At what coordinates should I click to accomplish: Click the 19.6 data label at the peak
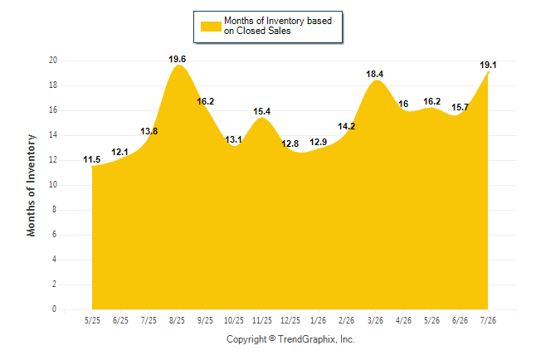(x=177, y=59)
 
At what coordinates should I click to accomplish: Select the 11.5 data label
(x=91, y=159)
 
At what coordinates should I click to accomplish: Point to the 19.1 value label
(x=488, y=65)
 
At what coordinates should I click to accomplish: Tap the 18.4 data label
(x=375, y=74)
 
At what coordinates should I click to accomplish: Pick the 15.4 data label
(x=262, y=111)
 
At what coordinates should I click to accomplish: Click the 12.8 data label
(x=290, y=144)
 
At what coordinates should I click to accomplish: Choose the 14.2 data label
(x=346, y=126)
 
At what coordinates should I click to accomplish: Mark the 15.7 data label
(x=460, y=107)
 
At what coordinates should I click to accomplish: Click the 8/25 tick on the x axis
(x=177, y=320)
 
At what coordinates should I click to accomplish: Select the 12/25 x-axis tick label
(x=290, y=320)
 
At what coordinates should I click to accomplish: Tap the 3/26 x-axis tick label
(x=375, y=320)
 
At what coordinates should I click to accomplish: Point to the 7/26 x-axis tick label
(x=488, y=320)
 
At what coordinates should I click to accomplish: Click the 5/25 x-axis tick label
(x=92, y=320)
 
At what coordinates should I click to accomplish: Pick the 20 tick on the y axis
(x=53, y=61)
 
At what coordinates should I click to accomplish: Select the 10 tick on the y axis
(x=53, y=185)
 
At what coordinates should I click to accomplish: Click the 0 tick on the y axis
(x=54, y=309)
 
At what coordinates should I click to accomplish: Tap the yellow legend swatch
(x=211, y=27)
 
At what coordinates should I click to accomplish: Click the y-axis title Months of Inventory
(x=31, y=185)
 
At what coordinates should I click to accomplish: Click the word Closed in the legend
(x=251, y=31)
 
